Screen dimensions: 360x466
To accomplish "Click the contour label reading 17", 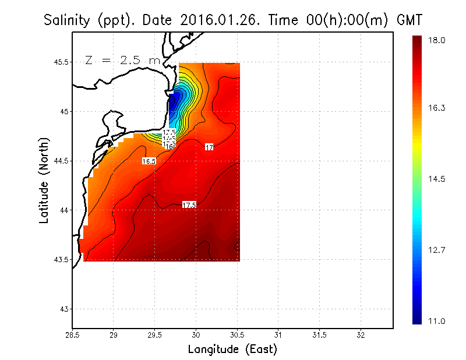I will point(209,147).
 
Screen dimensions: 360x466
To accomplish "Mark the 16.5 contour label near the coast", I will point(149,161).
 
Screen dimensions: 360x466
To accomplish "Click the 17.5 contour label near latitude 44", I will point(189,205).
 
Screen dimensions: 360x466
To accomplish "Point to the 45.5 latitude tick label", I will point(61,62).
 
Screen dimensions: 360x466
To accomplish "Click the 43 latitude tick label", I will point(64,309).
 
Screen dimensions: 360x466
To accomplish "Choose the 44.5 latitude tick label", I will point(61,161).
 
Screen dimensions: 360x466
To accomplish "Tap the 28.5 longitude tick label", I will point(72,336).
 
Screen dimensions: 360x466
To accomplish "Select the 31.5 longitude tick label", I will point(319,336).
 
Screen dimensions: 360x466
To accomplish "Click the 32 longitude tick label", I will point(361,336).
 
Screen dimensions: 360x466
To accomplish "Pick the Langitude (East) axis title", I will point(232,350).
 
